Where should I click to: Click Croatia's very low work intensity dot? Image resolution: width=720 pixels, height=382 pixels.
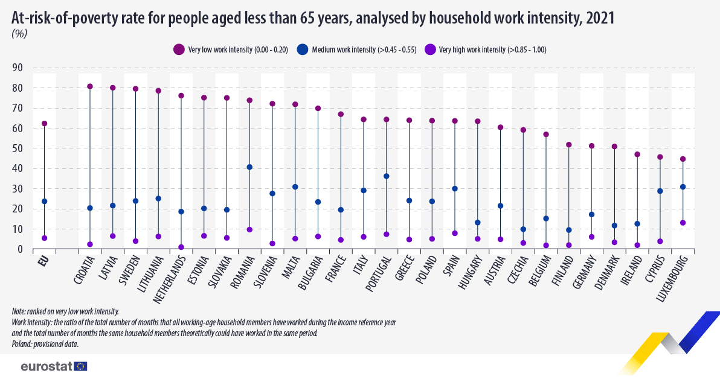[90, 86]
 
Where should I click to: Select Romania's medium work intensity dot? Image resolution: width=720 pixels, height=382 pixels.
[249, 167]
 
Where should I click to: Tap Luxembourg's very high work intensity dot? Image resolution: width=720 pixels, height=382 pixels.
[683, 223]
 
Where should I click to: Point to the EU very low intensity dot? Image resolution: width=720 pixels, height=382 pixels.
[44, 124]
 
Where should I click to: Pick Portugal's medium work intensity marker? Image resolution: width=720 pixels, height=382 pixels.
[387, 176]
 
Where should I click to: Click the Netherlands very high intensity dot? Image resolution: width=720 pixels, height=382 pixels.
[181, 247]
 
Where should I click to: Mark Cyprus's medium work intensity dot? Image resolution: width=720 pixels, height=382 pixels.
[660, 191]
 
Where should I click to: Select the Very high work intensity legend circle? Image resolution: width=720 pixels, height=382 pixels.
[431, 50]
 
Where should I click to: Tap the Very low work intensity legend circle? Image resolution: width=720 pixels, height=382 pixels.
[179, 50]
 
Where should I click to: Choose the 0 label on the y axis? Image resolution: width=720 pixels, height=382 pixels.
[21, 249]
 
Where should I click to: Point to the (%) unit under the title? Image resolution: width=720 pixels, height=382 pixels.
[19, 34]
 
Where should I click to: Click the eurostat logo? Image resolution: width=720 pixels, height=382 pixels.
[54, 366]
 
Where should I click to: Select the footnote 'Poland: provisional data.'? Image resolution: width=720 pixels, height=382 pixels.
[45, 344]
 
